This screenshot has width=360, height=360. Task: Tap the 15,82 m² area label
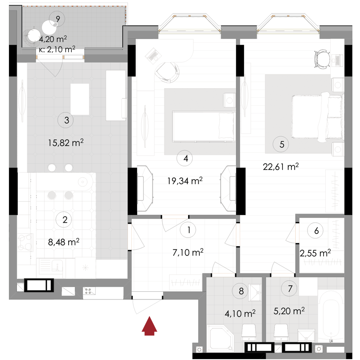(66, 143)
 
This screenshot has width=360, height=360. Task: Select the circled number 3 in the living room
(66, 120)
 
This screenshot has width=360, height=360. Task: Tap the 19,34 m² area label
(185, 181)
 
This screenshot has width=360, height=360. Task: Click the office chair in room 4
(167, 72)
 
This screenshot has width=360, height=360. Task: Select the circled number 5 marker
(282, 144)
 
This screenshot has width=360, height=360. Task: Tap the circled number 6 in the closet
(316, 231)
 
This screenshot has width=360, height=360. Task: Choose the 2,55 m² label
(315, 253)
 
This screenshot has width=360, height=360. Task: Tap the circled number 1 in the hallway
(188, 230)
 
